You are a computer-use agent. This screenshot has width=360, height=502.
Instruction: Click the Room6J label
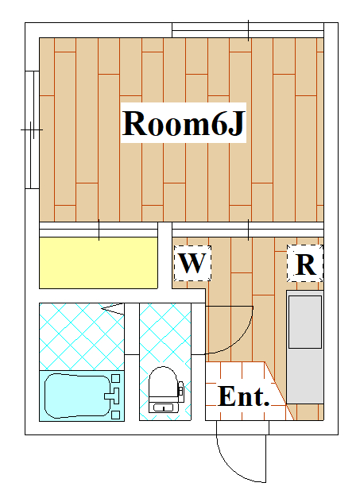(x=184, y=123)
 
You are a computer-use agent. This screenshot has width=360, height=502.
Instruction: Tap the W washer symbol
(x=192, y=264)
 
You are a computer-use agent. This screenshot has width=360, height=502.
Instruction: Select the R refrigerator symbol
(x=305, y=264)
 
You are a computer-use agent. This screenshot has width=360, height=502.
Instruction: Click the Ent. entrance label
(x=243, y=396)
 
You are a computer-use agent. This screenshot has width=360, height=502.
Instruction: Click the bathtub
(x=82, y=396)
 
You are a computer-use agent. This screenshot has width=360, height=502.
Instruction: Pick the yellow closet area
(x=99, y=263)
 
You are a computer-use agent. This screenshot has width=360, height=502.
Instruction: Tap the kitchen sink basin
(x=305, y=322)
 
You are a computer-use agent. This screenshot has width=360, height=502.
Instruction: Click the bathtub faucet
(x=112, y=396)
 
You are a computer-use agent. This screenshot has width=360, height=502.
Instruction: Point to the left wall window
(x=32, y=129)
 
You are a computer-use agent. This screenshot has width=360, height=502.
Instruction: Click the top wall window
(x=248, y=30)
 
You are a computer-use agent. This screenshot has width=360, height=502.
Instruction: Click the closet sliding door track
(x=99, y=230)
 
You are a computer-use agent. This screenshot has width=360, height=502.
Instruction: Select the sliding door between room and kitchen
(x=248, y=230)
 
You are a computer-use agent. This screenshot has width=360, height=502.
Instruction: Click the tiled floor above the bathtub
(x=82, y=337)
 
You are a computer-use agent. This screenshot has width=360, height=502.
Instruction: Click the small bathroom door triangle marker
(x=113, y=308)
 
